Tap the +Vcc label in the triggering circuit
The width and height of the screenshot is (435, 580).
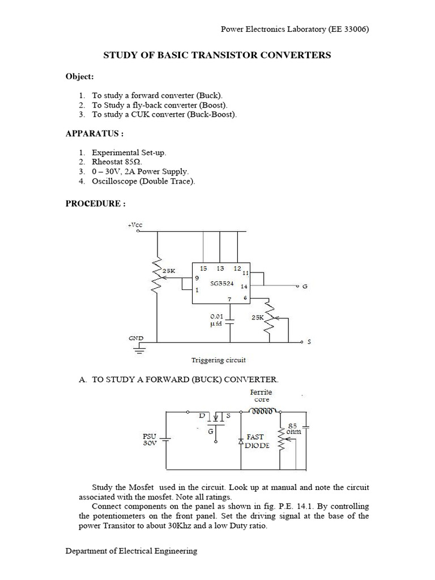135,225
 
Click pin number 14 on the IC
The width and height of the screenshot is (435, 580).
244,287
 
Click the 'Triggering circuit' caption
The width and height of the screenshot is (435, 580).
217,360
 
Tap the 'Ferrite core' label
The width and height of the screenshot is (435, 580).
261,395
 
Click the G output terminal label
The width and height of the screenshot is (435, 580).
304,287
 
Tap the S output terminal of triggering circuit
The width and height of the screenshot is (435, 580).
309,342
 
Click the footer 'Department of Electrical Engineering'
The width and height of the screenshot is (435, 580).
131,551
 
